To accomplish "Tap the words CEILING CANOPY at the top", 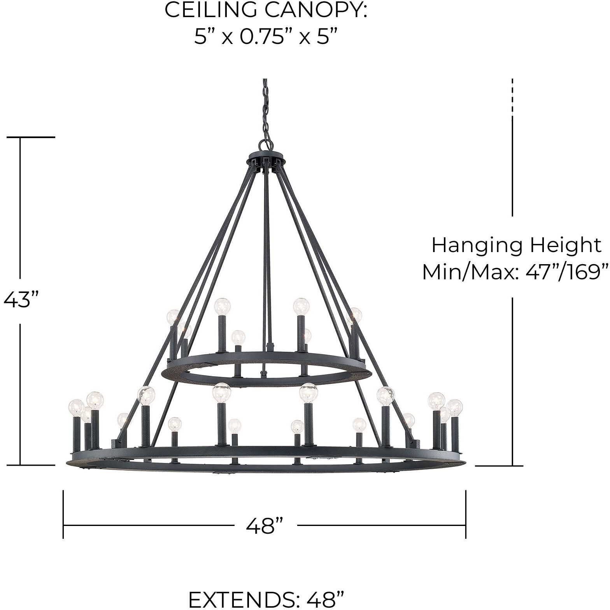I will (266, 11).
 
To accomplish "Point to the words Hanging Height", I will (516, 245).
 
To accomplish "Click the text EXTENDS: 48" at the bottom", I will (266, 599).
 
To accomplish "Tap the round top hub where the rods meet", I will (266, 160).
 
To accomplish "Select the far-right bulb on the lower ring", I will (454, 407).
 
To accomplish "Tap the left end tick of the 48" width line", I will (63, 514).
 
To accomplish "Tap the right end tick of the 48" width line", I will (466, 514).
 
